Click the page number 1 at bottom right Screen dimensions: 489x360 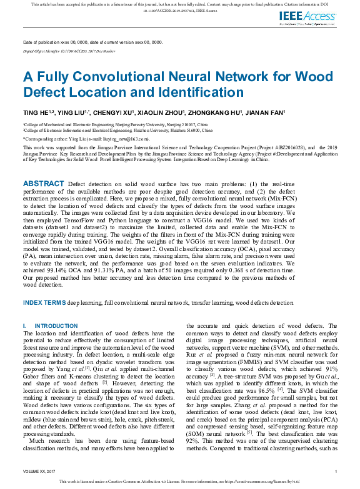336,471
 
